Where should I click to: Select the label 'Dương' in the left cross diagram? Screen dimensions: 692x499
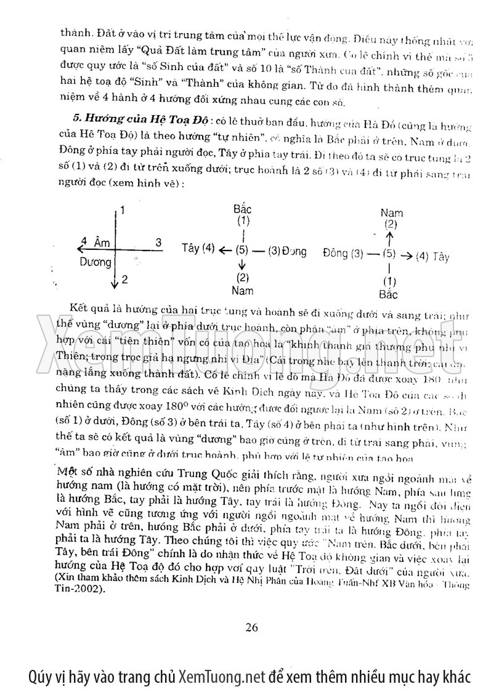(x=96, y=262)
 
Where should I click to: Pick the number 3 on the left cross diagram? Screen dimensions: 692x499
(x=158, y=243)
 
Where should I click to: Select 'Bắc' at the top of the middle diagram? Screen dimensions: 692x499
(x=243, y=209)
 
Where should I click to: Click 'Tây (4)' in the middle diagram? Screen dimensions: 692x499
(x=198, y=249)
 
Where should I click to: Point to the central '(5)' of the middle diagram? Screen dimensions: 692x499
(x=243, y=250)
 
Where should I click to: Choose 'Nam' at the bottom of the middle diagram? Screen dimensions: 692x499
(x=243, y=288)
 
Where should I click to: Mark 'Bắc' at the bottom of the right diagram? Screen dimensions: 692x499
(x=389, y=294)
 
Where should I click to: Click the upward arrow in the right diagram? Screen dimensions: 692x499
(x=389, y=237)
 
